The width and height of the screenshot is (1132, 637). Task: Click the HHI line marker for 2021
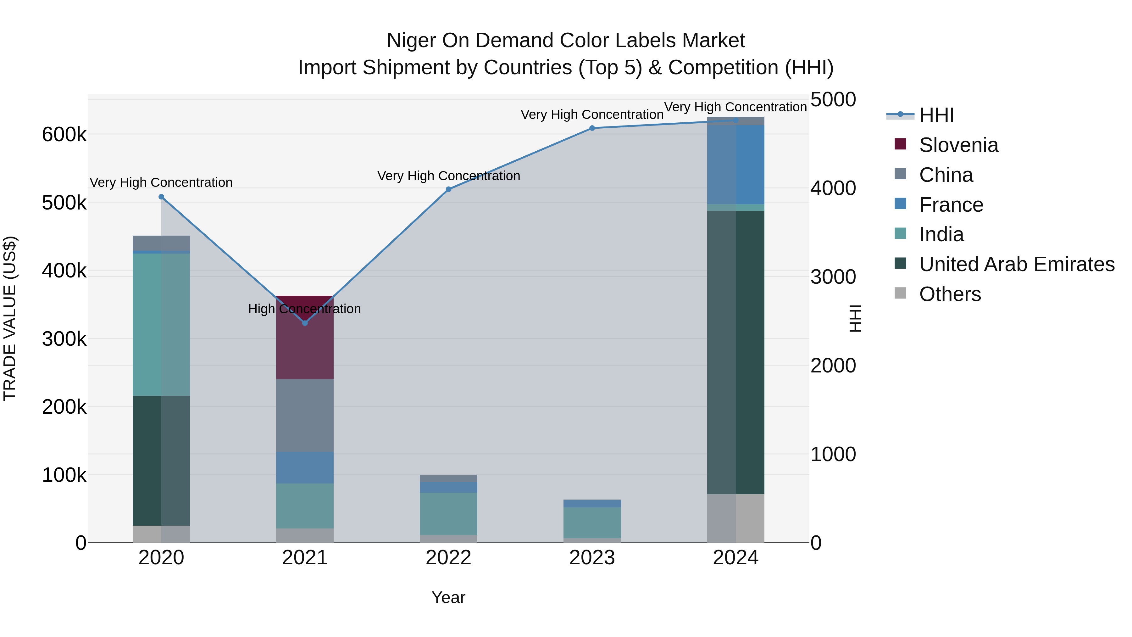tap(305, 323)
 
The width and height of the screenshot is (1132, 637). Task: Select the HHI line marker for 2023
tap(592, 128)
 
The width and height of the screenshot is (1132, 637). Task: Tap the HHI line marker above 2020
tap(161, 197)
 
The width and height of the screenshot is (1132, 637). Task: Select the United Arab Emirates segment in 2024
tap(735, 352)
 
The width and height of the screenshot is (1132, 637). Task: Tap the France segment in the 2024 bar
tap(735, 165)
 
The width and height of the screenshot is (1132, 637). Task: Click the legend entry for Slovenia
tap(958, 145)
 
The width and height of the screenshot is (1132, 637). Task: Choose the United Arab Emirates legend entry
tap(1016, 264)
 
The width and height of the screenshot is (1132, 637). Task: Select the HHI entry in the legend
tap(936, 115)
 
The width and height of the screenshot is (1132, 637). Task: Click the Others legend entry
tap(949, 294)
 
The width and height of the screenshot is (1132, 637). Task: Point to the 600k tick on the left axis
tap(64, 135)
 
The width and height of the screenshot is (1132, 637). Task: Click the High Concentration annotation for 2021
tap(304, 309)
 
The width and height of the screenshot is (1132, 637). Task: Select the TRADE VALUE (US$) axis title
tap(10, 318)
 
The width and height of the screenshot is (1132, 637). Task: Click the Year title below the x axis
tap(448, 597)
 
